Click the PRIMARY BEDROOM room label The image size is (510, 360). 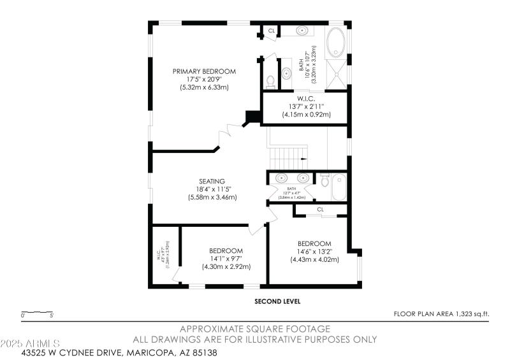[204, 71]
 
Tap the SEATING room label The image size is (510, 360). [212, 182]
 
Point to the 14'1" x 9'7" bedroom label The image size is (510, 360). [226, 250]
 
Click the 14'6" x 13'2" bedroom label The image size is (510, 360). [314, 244]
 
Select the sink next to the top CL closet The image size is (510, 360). [302, 31]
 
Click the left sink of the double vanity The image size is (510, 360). [282, 178]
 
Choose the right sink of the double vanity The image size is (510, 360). [303, 178]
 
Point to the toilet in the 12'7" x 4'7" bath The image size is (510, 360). [324, 181]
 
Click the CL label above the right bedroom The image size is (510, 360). [320, 209]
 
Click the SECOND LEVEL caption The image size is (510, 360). [277, 301]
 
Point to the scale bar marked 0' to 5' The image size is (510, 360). [38, 313]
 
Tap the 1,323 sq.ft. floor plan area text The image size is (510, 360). [441, 314]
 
